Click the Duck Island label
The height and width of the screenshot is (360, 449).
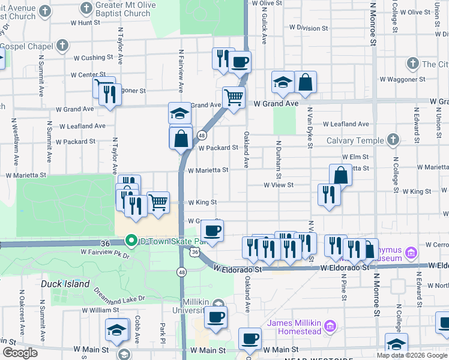[x=65, y=284]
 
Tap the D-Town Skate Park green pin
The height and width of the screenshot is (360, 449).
[x=131, y=241]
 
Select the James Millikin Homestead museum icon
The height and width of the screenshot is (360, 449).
[x=330, y=327]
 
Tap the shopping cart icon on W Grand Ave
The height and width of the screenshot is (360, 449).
[x=233, y=96]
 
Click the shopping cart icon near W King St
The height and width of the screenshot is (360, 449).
[x=158, y=202]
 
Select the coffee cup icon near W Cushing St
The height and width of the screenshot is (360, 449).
[x=240, y=61]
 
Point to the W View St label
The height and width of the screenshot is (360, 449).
[x=279, y=185]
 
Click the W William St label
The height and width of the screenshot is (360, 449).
[x=100, y=310]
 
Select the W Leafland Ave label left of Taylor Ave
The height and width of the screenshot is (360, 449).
[x=82, y=126]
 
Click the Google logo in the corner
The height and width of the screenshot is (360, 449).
[x=20, y=353]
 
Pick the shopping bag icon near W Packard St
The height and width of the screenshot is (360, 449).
[x=181, y=139]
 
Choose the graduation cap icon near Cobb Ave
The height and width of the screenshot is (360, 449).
[x=116, y=329]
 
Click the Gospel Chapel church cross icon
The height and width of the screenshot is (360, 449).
[x=62, y=46]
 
